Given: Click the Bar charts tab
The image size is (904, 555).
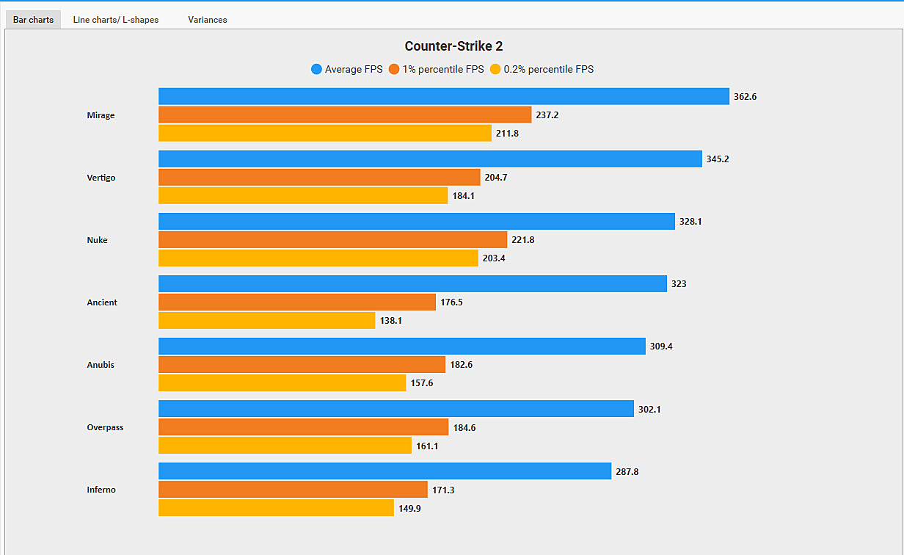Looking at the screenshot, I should (x=33, y=20).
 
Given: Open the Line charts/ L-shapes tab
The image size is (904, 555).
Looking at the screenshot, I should (x=116, y=20).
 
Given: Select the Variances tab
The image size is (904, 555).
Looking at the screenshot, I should (x=208, y=20).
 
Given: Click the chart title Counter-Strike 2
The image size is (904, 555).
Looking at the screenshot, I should (x=453, y=46).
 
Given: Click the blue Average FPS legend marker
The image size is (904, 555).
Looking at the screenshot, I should (x=317, y=70).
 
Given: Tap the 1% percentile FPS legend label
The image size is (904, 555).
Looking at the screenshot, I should (x=442, y=70).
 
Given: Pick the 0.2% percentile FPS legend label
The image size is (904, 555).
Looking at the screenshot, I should (x=548, y=70).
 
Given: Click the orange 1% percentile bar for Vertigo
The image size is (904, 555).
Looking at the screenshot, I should (x=319, y=177).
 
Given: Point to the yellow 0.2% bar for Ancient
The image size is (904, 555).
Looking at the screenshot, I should (x=266, y=321).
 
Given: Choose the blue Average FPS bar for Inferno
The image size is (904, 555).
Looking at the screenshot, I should (x=384, y=471).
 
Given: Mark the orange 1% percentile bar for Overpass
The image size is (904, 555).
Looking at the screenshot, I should (x=303, y=427).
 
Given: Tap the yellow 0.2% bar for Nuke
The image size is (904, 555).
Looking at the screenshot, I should (x=318, y=258).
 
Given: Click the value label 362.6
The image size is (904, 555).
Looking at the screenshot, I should (x=745, y=97).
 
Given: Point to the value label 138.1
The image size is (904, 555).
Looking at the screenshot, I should (x=391, y=321).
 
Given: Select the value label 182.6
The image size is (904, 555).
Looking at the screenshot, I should (x=461, y=365).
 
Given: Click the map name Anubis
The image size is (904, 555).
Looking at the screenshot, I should (x=101, y=365).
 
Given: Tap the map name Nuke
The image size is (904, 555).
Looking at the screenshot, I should (x=97, y=240).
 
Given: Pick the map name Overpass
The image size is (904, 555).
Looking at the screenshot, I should (x=105, y=427).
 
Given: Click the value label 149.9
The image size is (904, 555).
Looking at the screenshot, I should (x=409, y=508).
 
